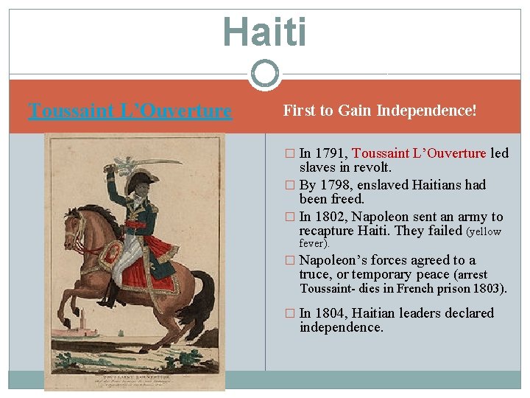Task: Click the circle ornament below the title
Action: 264,74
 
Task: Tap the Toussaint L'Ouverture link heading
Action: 130,111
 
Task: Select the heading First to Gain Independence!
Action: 380,111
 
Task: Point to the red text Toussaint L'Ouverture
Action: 419,154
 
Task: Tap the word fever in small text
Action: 314,243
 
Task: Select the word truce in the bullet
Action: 315,274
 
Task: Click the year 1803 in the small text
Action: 488,288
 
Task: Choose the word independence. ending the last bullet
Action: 342,328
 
